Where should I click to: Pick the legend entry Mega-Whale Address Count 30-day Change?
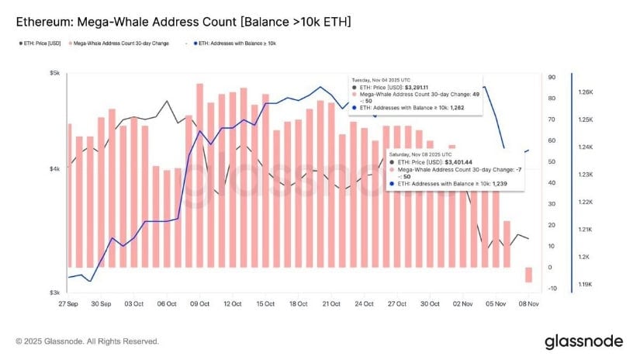pos(119,43)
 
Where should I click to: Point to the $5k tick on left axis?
pos(55,73)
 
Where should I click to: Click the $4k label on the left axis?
pos(55,169)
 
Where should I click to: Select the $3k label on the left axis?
pos(55,292)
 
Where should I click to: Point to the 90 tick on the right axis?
pos(552,78)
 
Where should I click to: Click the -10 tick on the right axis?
pos(552,289)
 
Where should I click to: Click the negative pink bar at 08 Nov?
pos(529,275)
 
